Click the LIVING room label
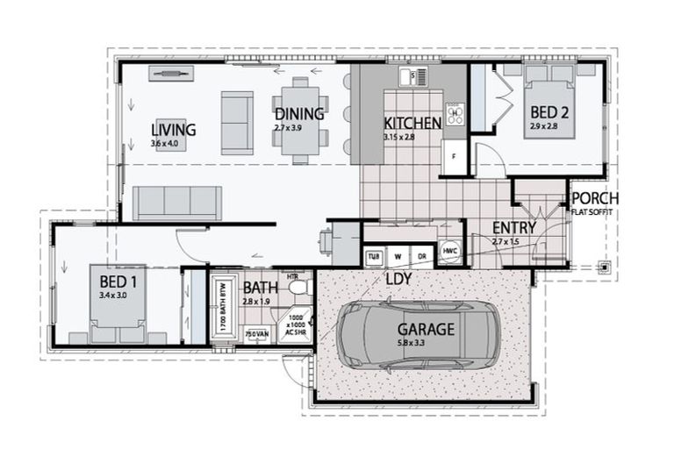[x=173, y=130]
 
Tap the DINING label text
[x=299, y=114]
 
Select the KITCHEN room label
[x=412, y=124]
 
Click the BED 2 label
[x=550, y=112]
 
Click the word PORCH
[x=595, y=198]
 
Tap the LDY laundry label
[x=399, y=278]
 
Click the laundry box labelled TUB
[x=374, y=256]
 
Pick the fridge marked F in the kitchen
[x=453, y=158]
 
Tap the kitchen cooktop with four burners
[x=455, y=114]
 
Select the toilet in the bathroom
[x=298, y=287]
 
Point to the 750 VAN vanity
[x=255, y=334]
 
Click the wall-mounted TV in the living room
[x=171, y=73]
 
